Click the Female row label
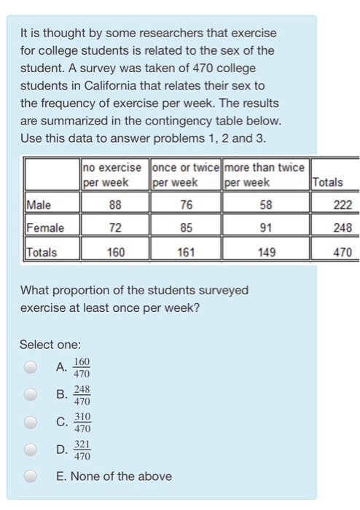coord(44,228)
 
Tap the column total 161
coord(186,253)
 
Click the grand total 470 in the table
coord(343,253)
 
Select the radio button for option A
coord(30,369)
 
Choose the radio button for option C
coord(30,423)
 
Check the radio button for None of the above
coord(30,476)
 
